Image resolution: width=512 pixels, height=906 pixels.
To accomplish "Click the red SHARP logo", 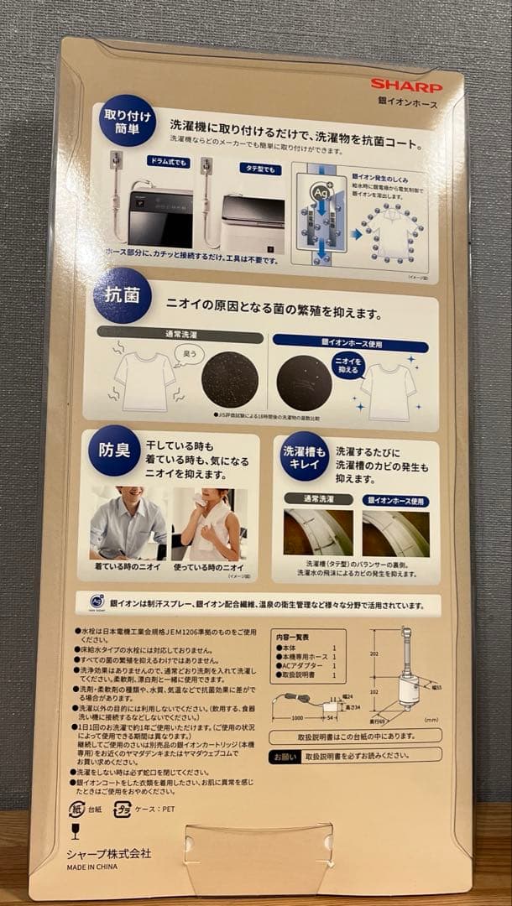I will pyautogui.click(x=406, y=85).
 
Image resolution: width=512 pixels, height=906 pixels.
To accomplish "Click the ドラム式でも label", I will pyautogui.click(x=168, y=160).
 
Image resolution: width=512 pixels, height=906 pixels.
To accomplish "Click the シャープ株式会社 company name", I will pyautogui.click(x=109, y=853).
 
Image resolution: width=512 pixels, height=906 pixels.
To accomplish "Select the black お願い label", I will pyautogui.click(x=283, y=757).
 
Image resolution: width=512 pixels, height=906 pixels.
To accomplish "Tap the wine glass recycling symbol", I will pyautogui.click(x=76, y=831).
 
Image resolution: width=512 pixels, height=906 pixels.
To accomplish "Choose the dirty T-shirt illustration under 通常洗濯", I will pyautogui.click(x=145, y=380).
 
